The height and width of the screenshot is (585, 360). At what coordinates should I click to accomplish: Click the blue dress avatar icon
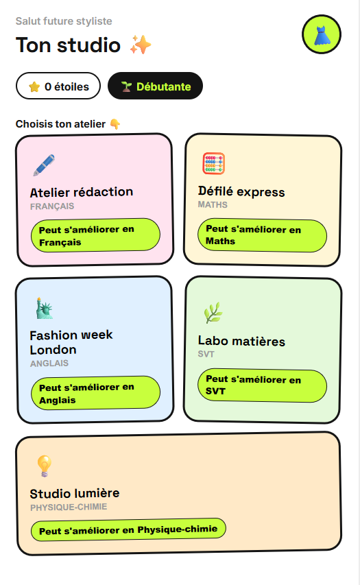321,34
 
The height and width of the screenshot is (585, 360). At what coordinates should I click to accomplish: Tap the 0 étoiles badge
58,86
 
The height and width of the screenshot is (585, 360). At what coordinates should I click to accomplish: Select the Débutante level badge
155,86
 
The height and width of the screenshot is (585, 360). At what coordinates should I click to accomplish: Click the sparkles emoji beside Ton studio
141,45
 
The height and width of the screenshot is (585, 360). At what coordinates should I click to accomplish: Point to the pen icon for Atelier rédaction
44,165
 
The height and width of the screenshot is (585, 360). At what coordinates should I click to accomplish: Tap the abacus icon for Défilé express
214,163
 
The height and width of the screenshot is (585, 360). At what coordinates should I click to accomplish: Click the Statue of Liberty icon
44,308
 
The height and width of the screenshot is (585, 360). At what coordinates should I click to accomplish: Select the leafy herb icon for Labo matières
213,313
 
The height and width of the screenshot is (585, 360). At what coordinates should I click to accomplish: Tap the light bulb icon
44,466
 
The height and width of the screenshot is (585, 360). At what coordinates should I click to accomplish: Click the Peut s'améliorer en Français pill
95,235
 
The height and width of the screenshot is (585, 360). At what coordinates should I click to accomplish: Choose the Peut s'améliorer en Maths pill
262,235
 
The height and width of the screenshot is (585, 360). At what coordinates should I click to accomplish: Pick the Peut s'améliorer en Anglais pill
95,393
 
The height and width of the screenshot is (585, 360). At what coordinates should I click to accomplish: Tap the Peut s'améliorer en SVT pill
262,386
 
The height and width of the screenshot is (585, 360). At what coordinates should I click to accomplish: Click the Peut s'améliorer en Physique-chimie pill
128,529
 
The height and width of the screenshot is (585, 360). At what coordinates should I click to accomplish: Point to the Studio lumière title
75,494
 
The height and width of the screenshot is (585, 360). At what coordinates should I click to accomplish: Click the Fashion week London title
71,342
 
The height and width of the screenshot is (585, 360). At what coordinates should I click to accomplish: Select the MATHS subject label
213,204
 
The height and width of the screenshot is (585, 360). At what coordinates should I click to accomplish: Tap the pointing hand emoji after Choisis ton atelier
115,124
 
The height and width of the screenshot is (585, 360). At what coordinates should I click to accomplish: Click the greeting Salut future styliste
64,21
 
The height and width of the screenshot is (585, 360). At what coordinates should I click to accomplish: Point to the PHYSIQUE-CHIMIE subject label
69,508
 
